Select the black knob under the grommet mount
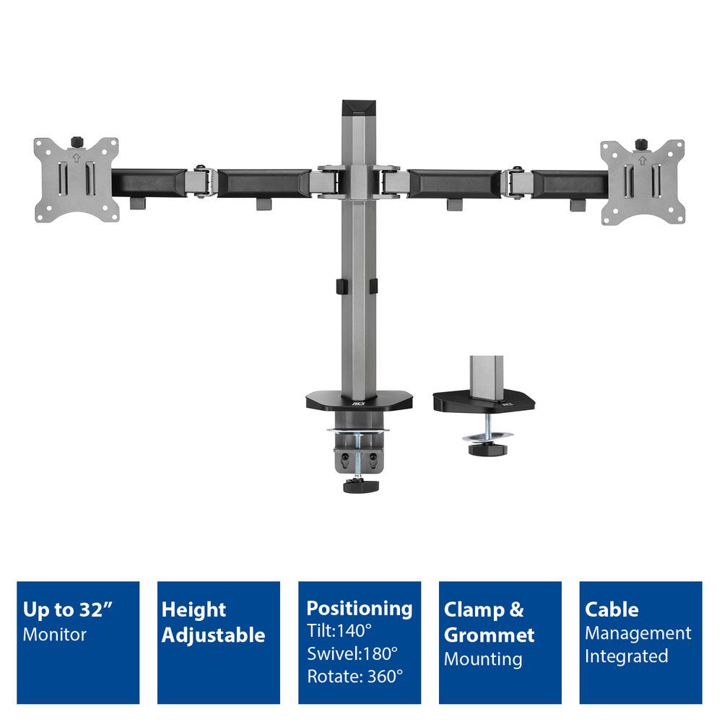tap(488, 449)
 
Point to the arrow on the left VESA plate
tap(77, 153)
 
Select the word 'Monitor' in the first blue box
tap(55, 635)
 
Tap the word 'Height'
tap(193, 609)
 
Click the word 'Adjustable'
tap(213, 635)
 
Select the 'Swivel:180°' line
tap(352, 653)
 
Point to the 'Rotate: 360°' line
tap(355, 677)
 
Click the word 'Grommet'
tap(489, 635)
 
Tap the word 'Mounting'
tap(483, 658)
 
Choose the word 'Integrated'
tap(626, 656)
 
